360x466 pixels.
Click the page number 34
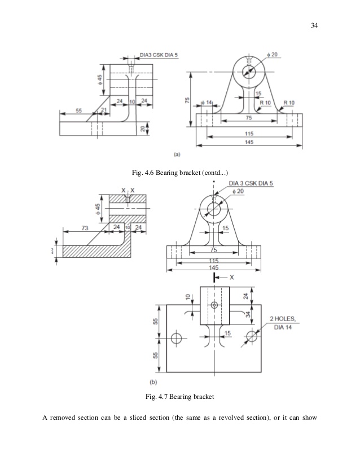click(x=315, y=24)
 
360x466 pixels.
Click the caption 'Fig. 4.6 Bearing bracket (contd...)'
click(x=179, y=172)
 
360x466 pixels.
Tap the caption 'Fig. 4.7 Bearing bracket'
click(x=179, y=398)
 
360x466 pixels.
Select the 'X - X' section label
click(x=128, y=190)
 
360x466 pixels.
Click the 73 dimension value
click(x=85, y=227)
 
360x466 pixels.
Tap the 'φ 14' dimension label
click(x=206, y=103)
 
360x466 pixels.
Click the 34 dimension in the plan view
click(x=247, y=314)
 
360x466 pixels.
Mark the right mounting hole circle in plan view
click(x=252, y=337)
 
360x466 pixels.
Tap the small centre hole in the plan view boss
click(x=214, y=305)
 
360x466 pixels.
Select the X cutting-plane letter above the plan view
click(x=231, y=278)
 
